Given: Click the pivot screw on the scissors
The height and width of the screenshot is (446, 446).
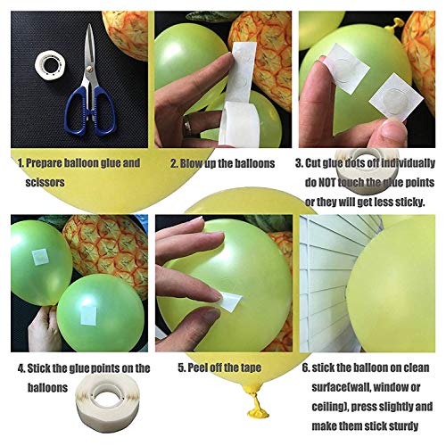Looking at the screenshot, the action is click(x=89, y=70).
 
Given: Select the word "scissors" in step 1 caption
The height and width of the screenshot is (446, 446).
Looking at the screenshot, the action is click(x=45, y=182).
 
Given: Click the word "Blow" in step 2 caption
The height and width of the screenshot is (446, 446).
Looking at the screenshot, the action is click(x=190, y=163).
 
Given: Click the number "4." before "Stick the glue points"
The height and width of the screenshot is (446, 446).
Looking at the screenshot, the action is click(x=21, y=368).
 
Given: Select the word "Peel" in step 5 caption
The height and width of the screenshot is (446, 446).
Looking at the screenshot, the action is click(x=197, y=368).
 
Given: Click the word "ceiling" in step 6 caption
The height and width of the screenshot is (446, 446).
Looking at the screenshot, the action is click(x=328, y=407).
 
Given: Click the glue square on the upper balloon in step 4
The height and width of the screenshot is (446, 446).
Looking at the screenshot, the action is click(x=40, y=257).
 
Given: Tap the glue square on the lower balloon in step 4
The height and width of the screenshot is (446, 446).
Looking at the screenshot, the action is click(x=88, y=315).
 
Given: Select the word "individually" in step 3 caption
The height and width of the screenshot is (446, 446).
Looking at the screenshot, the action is click(x=408, y=163).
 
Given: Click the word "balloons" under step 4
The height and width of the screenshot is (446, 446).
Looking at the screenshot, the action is click(x=47, y=388).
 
